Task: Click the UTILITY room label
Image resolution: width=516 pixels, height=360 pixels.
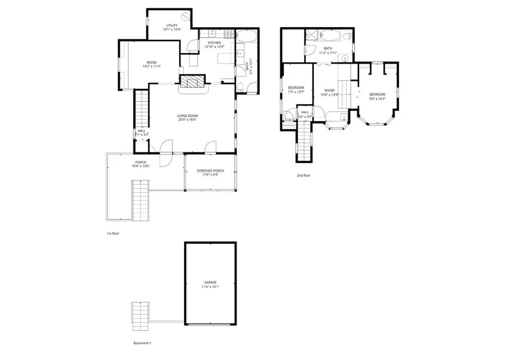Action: (x=171, y=25)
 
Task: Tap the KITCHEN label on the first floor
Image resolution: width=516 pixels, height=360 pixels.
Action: (x=214, y=43)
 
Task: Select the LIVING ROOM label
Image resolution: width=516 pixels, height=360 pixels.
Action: (x=187, y=116)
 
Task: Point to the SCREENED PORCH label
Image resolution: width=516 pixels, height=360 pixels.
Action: (x=210, y=171)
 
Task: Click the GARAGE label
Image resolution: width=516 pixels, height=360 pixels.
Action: (x=210, y=282)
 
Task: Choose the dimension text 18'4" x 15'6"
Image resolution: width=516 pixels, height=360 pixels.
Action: (x=141, y=166)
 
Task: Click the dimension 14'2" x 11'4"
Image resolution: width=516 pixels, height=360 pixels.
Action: (x=151, y=66)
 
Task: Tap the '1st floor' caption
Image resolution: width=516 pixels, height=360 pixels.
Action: (x=112, y=234)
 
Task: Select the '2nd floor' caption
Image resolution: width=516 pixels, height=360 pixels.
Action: (x=304, y=176)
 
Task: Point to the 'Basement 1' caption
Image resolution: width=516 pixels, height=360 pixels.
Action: (x=142, y=343)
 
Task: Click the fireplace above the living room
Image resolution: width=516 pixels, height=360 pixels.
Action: (x=193, y=83)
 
